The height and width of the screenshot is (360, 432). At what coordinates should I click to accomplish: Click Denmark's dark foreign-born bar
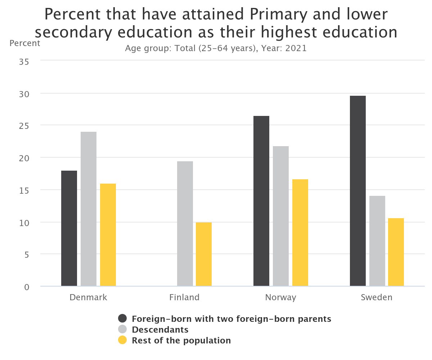(x=69, y=228)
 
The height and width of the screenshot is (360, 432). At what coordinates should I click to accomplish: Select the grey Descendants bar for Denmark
(x=89, y=209)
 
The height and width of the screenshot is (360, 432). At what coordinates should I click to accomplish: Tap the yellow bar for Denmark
(x=108, y=235)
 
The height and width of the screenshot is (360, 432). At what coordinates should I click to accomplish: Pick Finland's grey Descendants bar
(x=185, y=224)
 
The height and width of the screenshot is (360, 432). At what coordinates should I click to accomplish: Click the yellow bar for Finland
(x=204, y=254)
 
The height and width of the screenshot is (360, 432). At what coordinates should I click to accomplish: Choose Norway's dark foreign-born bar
(x=261, y=201)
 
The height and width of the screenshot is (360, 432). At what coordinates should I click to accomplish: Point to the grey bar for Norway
(x=281, y=216)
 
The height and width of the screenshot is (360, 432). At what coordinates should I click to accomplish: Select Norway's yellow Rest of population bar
(x=300, y=233)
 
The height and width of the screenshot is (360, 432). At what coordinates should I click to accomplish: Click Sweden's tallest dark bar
(x=358, y=191)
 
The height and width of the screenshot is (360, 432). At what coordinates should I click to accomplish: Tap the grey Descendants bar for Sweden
(x=377, y=241)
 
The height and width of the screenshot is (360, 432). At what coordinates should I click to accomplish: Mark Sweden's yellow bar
(x=396, y=252)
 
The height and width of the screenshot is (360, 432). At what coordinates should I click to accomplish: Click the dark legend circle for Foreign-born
(x=123, y=319)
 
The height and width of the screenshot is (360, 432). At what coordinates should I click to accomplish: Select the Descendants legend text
(x=160, y=329)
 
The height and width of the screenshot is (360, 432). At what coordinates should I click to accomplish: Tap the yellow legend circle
(x=123, y=340)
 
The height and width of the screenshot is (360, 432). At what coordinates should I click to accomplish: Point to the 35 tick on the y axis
(x=24, y=62)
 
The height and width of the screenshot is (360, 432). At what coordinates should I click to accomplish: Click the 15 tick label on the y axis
(x=24, y=190)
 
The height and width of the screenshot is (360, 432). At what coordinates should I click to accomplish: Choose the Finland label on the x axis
(x=184, y=297)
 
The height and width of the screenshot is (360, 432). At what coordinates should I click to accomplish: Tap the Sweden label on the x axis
(x=377, y=297)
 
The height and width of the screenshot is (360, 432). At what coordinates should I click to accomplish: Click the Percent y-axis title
(x=25, y=43)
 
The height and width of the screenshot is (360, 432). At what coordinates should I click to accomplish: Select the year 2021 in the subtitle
(x=296, y=48)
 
